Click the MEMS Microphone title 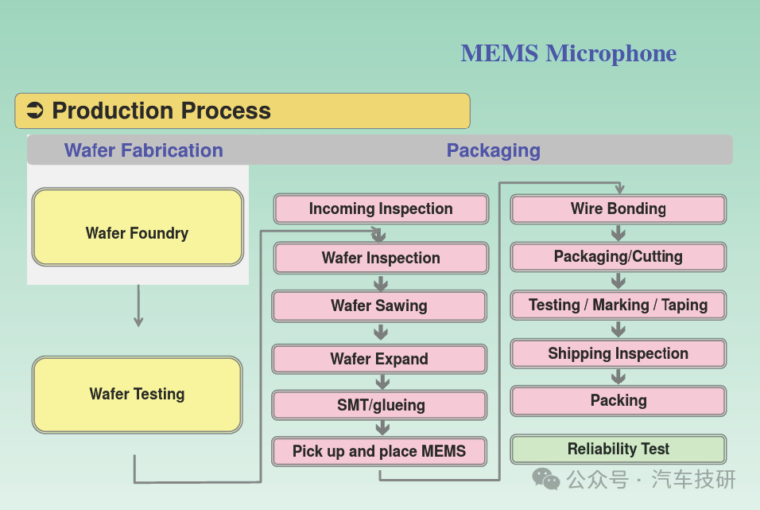[568, 53]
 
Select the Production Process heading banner [242, 111]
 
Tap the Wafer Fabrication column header [143, 150]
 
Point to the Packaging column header [493, 150]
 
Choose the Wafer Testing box [138, 395]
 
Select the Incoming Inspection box [381, 209]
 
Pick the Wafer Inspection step [381, 258]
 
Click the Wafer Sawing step [379, 306]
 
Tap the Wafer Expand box [379, 359]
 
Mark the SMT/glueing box [380, 405]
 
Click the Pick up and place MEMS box [379, 451]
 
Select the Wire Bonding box [618, 209]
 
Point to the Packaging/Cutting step [618, 257]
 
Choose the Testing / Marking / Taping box [618, 306]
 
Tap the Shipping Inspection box [618, 354]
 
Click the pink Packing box [618, 401]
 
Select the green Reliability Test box [618, 450]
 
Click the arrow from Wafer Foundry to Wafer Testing [138, 306]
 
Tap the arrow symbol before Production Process [34, 111]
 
